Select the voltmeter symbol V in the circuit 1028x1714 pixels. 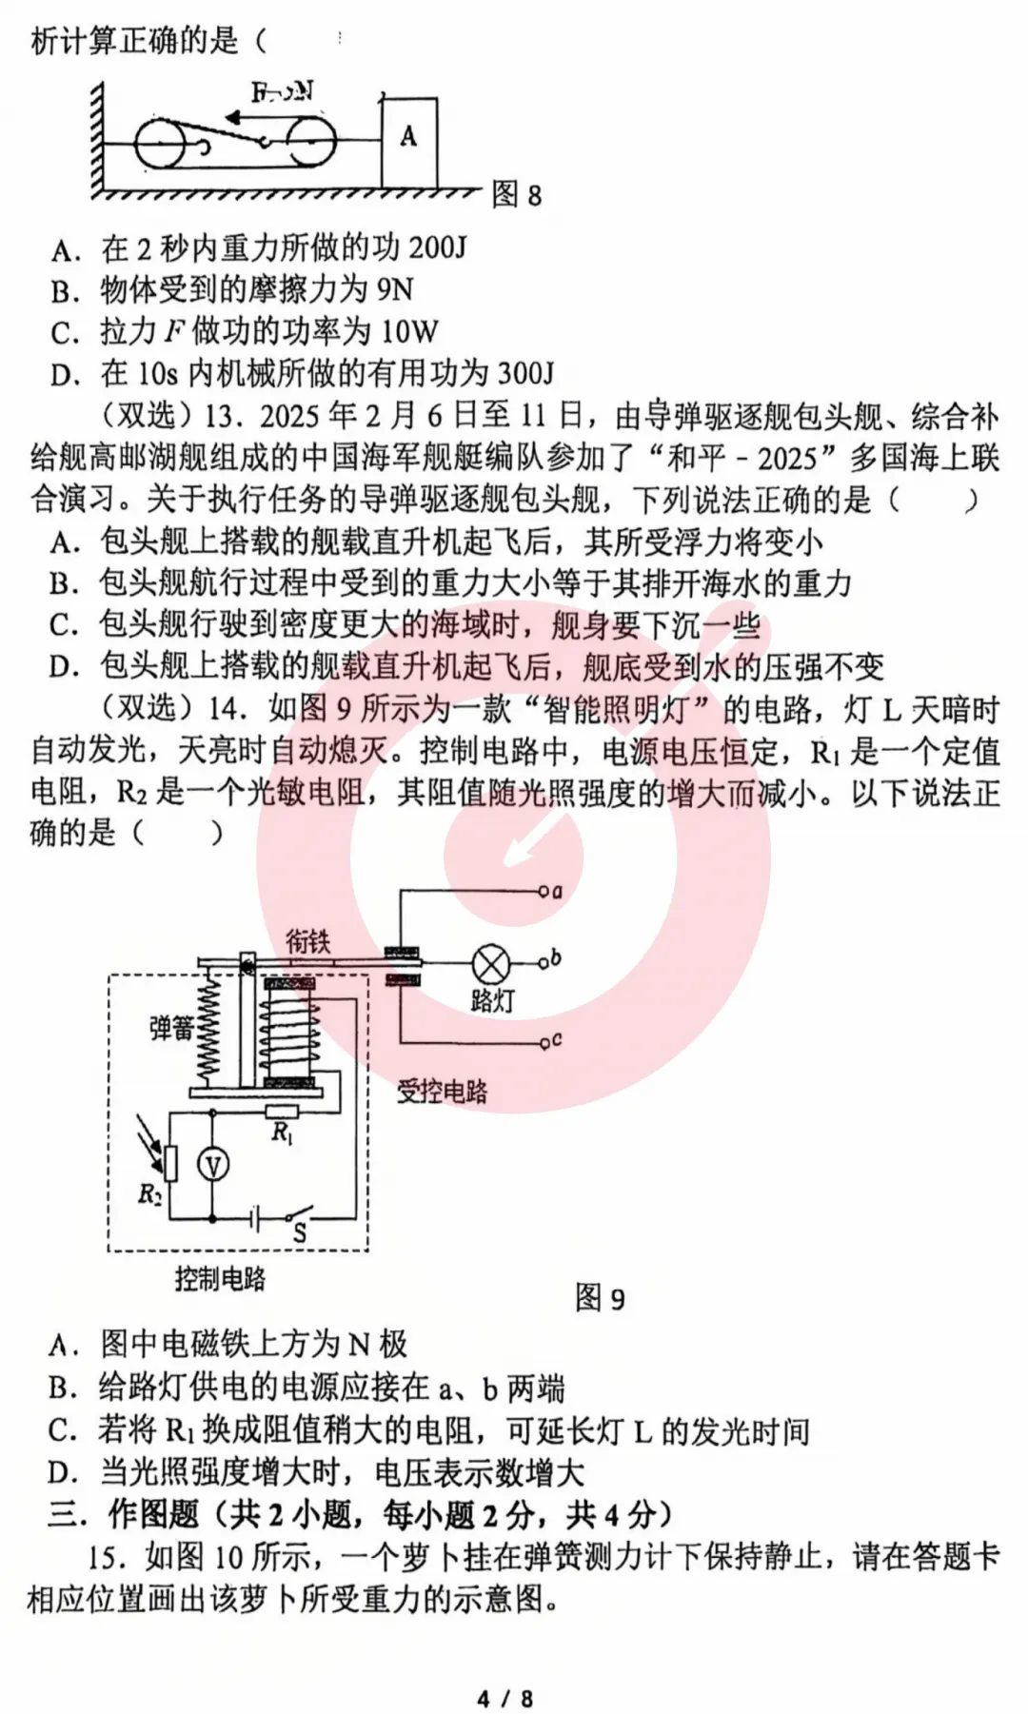(x=212, y=1165)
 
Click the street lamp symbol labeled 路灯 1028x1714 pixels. (x=491, y=965)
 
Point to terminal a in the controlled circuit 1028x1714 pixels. (x=557, y=892)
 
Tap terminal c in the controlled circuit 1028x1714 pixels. (x=557, y=1040)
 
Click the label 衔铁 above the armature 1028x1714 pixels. (x=308, y=941)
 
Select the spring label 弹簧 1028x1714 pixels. (x=171, y=1028)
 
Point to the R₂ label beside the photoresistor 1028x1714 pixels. (x=149, y=1193)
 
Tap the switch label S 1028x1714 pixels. (x=299, y=1233)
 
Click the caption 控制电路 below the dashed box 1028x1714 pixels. (x=220, y=1278)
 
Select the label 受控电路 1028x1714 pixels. (x=442, y=1091)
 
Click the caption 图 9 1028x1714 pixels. (x=600, y=1298)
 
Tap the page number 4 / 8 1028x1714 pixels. (x=504, y=1698)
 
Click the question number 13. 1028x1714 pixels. (x=227, y=416)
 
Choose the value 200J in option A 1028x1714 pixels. (x=438, y=247)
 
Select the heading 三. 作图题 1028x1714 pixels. (x=124, y=1513)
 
